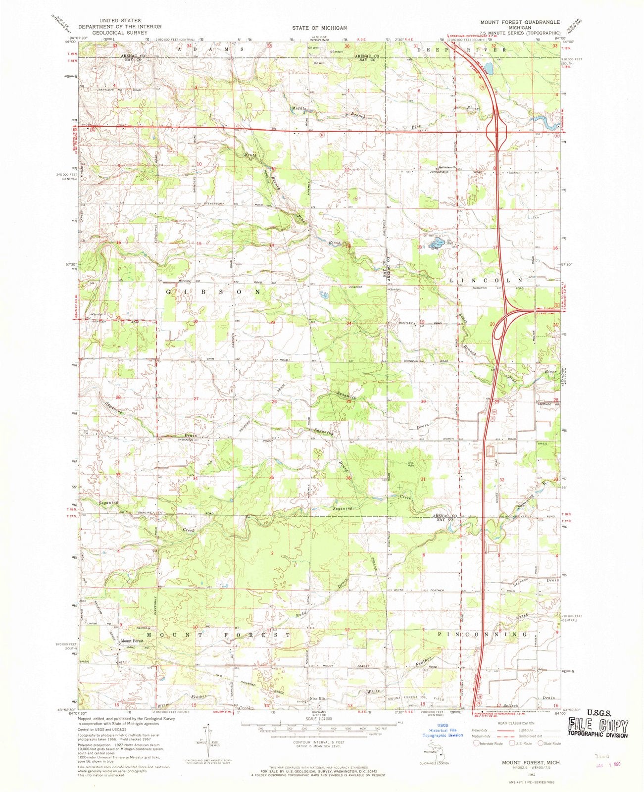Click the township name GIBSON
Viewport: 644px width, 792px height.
(x=211, y=292)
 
